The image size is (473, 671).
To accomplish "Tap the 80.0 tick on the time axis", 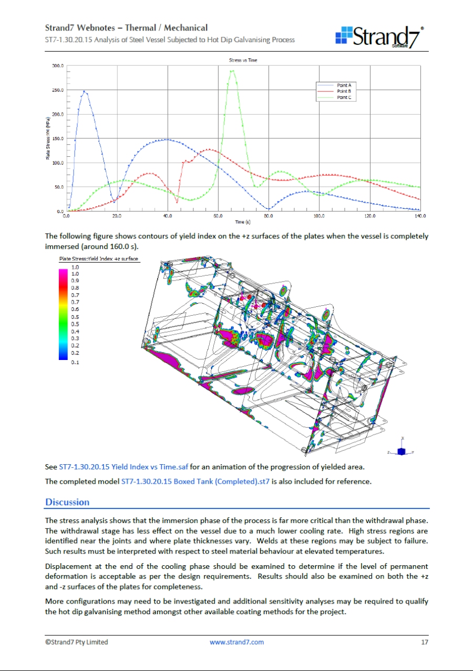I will pyautogui.click(x=269, y=216).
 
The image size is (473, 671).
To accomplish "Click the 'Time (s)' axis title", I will pyautogui.click(x=243, y=222).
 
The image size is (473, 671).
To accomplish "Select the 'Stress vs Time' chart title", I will pyautogui.click(x=243, y=61).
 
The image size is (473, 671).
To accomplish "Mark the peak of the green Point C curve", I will pyautogui.click(x=232, y=71).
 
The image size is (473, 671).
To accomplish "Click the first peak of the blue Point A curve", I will pyautogui.click(x=84, y=92).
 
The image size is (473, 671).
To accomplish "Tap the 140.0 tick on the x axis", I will pyautogui.click(x=420, y=216).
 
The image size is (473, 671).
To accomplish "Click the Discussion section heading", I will pyautogui.click(x=67, y=502).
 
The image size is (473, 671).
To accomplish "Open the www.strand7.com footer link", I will pyautogui.click(x=236, y=642).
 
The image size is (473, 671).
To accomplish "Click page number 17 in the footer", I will pyautogui.click(x=425, y=642).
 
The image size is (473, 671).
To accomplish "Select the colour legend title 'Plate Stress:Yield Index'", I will pyautogui.click(x=99, y=259).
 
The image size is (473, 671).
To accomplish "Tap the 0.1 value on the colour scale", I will pyautogui.click(x=75, y=363).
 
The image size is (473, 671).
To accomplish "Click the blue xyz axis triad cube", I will pyautogui.click(x=402, y=452).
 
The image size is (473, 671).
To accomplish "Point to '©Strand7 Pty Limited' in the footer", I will pyautogui.click(x=76, y=642).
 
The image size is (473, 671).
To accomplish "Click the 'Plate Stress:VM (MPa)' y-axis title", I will pyautogui.click(x=48, y=139).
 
